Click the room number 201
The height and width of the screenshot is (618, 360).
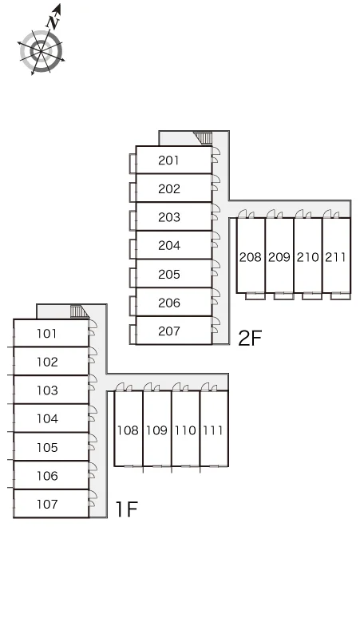click(168, 160)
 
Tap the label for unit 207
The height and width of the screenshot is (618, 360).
click(169, 331)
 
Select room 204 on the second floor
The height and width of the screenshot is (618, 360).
click(169, 246)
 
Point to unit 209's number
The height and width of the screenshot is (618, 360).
click(279, 257)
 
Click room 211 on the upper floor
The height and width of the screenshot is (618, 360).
click(335, 257)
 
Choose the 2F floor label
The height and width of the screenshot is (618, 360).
click(250, 339)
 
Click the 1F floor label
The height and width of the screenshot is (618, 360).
click(126, 509)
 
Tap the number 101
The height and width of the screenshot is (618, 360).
click(46, 334)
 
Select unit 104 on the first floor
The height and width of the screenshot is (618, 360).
click(47, 418)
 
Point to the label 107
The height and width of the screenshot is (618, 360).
click(47, 504)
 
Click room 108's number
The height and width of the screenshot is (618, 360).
click(128, 430)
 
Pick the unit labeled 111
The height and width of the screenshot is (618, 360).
click(213, 430)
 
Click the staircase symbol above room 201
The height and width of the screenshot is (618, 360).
click(204, 138)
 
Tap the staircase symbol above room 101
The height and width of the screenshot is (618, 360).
click(81, 311)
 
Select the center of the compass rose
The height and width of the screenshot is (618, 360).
click(41, 51)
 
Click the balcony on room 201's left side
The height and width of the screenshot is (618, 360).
click(133, 163)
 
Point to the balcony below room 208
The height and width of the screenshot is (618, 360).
click(255, 296)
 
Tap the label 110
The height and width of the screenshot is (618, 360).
click(185, 430)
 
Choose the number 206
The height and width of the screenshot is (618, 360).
click(169, 303)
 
